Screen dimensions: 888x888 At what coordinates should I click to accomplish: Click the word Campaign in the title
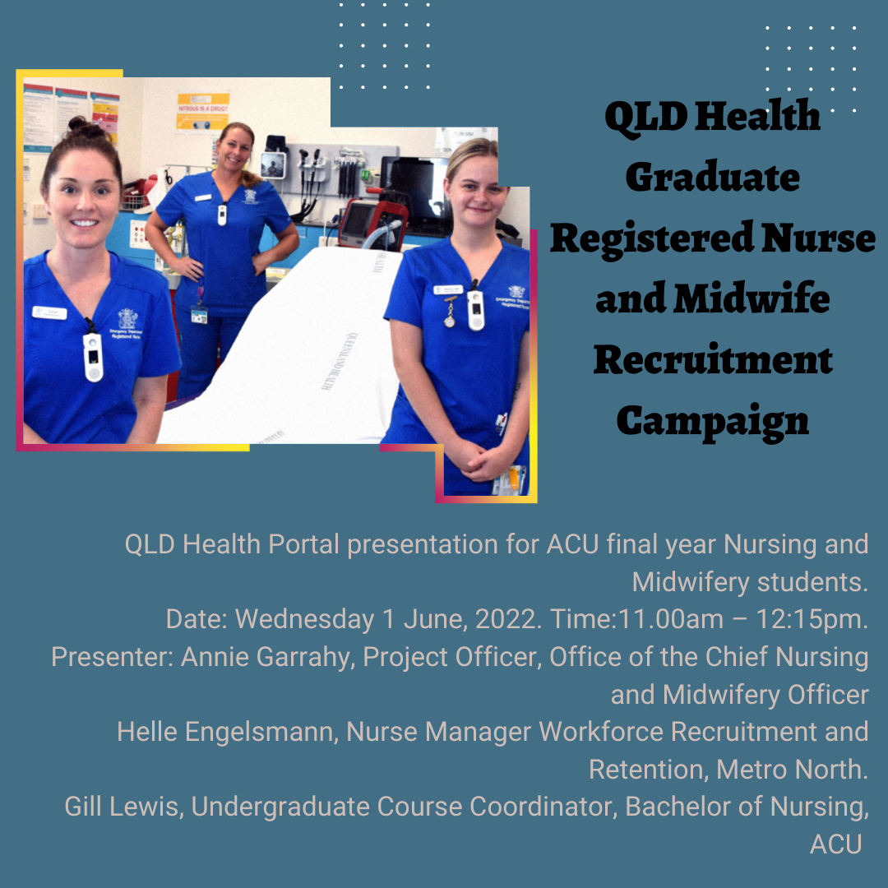click(x=712, y=422)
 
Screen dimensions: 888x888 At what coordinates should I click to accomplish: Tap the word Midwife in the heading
click(x=752, y=298)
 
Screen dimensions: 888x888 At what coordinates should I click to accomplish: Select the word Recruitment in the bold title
click(x=713, y=359)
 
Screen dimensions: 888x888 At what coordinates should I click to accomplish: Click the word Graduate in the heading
click(x=712, y=177)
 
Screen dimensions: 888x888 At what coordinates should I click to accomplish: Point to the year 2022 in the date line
click(x=505, y=619)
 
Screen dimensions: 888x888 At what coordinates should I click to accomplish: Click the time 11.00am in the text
click(x=671, y=619)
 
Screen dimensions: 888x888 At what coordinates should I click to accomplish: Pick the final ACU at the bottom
click(x=835, y=844)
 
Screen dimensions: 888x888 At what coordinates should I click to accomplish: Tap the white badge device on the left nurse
click(x=93, y=356)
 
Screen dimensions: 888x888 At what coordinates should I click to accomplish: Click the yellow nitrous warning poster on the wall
click(x=203, y=112)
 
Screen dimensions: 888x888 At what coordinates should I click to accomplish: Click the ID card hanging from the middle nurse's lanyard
click(x=199, y=314)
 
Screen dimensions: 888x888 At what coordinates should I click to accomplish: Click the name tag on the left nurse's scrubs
click(x=49, y=312)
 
